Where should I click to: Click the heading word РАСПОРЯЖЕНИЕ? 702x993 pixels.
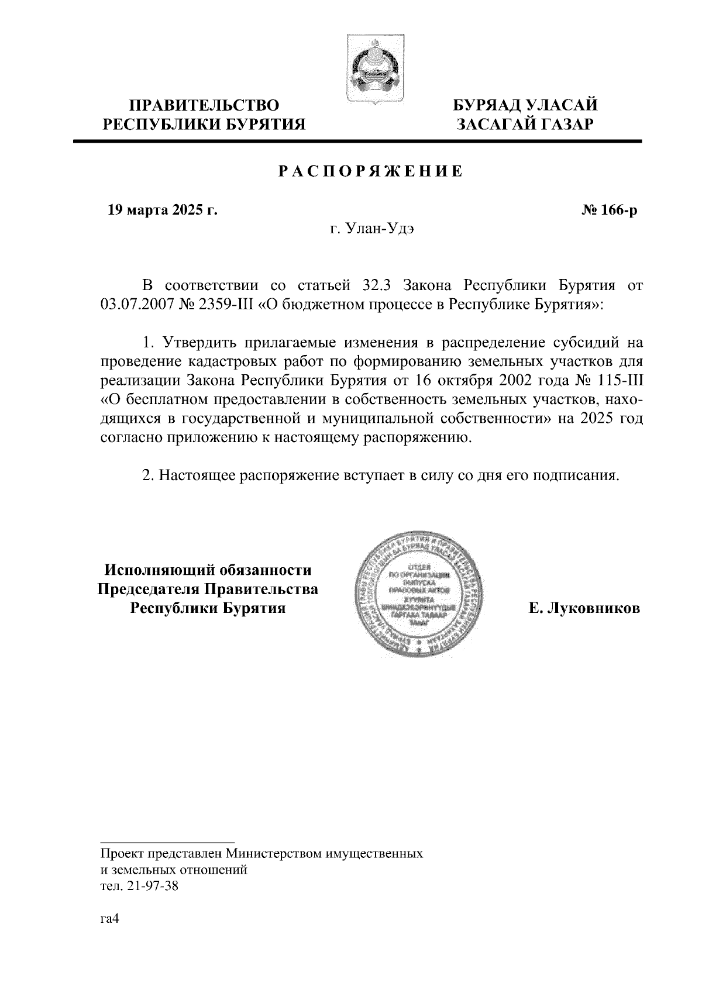[x=370, y=171]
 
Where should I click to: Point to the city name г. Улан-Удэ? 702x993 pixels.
[x=371, y=229]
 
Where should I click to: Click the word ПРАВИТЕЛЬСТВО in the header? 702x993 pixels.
[x=204, y=105]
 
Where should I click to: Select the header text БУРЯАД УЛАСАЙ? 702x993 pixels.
[x=526, y=105]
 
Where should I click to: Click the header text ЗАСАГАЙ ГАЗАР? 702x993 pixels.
[x=526, y=124]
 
